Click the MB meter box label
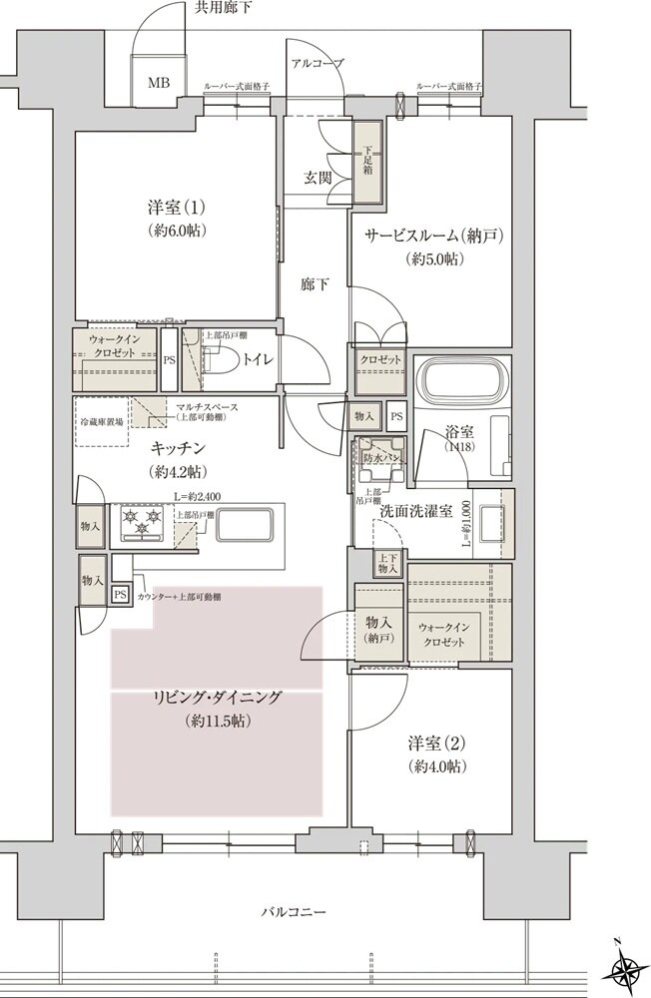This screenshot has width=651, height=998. [158, 82]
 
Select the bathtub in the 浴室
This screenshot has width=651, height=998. [459, 378]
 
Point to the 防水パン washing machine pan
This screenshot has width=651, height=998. [379, 458]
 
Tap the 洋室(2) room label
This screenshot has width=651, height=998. [437, 744]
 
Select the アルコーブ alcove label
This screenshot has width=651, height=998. [317, 63]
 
